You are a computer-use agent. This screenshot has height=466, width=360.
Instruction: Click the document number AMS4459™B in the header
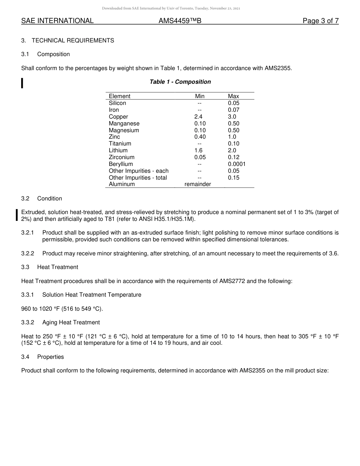coord(180,21)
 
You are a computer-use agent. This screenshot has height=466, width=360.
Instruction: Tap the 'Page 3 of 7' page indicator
coord(321,21)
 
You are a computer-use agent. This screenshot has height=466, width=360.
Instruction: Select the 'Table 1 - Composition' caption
coord(180,82)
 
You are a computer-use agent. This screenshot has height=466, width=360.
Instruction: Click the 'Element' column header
coord(119,96)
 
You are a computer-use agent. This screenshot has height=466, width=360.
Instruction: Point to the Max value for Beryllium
coord(237,164)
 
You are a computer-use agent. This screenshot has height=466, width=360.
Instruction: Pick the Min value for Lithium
coord(199,150)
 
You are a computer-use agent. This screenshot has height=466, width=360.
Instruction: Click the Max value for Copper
coord(232,117)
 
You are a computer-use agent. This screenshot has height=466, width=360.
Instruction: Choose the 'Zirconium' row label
coord(122,157)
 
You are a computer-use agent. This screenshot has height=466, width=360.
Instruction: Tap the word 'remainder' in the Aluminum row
coord(198,184)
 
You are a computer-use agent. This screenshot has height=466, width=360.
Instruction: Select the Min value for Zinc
coord(200,137)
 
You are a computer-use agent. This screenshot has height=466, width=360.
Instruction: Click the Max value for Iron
coord(234,110)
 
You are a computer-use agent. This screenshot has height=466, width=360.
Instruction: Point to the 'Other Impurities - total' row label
coord(138,178)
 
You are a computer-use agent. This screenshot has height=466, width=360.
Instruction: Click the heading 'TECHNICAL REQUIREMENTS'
coord(73,41)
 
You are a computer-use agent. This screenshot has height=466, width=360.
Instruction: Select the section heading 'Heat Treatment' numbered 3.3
coord(58,267)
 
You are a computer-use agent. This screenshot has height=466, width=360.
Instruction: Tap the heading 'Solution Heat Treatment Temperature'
coord(92,295)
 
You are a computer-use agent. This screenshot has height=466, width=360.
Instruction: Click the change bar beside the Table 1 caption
coord(22,83)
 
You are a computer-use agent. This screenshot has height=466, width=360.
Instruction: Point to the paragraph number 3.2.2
coord(28,253)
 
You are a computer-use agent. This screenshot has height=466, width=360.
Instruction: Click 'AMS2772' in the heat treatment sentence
coord(232,281)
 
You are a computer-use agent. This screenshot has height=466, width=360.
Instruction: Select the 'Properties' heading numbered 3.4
coord(50,357)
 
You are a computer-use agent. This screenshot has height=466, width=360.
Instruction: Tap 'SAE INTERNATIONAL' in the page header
coord(57,21)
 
